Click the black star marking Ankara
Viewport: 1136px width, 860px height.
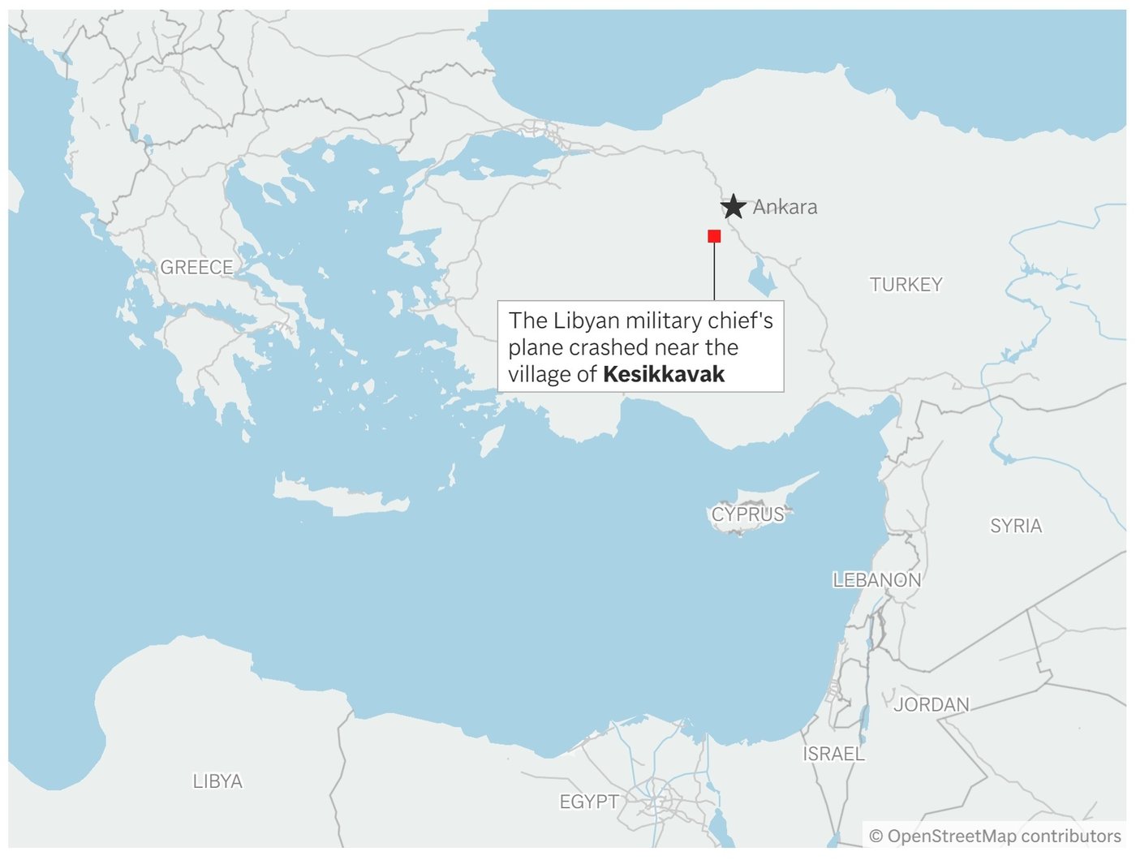pos(734,207)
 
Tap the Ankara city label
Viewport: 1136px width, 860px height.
pos(785,207)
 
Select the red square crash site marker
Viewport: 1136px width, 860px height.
pos(714,236)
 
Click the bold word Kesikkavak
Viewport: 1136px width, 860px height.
pos(664,374)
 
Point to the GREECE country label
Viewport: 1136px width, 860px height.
pos(196,267)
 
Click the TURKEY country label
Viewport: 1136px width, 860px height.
pos(906,285)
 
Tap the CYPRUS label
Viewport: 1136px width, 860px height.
pos(748,514)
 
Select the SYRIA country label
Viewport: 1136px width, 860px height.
pos(1016,526)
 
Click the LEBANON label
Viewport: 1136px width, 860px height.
pos(877,580)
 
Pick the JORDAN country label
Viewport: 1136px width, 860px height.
pos(932,704)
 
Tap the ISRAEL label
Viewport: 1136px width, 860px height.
pos(833,754)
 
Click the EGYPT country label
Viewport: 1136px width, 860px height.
pos(589,802)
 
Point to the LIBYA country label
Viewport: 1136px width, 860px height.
pos(217,781)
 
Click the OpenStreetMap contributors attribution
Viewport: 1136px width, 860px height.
pos(995,836)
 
